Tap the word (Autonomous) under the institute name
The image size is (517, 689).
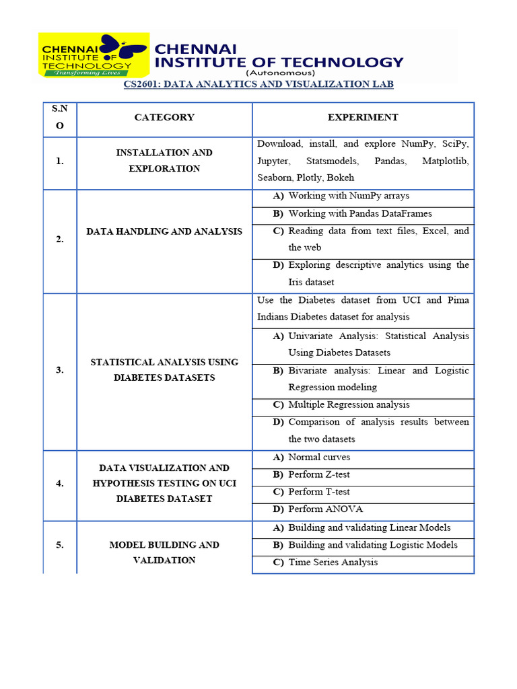pos(280,72)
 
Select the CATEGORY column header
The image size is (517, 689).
pos(164,117)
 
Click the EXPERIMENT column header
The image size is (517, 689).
pos(363,117)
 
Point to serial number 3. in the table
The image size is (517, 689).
pos(60,369)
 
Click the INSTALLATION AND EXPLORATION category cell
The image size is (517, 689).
pos(164,161)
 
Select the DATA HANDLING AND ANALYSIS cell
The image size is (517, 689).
pos(164,231)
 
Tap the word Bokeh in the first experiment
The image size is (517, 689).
pos(340,178)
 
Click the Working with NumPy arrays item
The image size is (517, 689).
pos(349,196)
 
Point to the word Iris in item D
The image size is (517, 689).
pos(298,282)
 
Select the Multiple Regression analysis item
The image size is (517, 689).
pos(349,404)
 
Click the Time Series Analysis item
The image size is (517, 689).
pos(333,562)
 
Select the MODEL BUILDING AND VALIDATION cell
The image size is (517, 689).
pos(164,552)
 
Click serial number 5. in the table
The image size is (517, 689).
pos(60,545)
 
